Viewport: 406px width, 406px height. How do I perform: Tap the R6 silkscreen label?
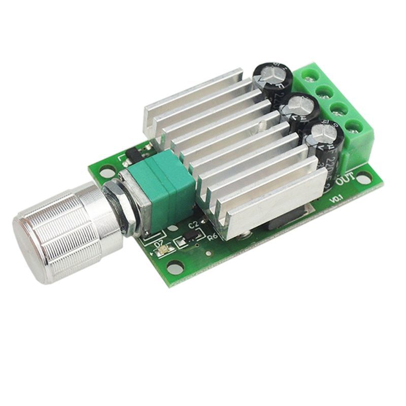click(x=214, y=236)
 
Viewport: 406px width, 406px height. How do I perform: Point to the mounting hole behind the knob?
click(x=106, y=173)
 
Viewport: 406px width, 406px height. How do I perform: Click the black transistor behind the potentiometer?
click(x=133, y=152)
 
